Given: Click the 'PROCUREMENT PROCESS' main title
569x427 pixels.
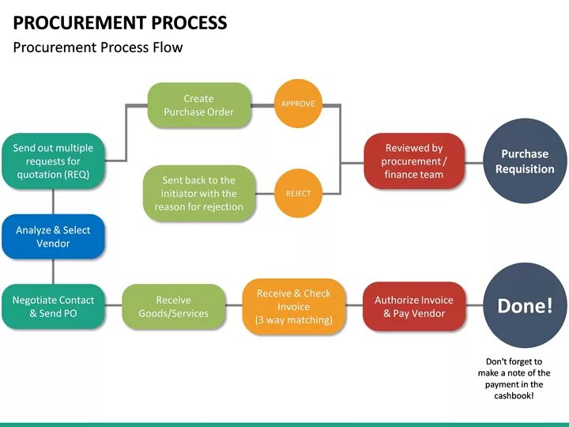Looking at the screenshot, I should [x=120, y=22].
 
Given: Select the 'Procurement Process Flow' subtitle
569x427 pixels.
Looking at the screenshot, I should [x=98, y=47].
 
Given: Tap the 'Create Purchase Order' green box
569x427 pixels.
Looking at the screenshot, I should [x=199, y=106].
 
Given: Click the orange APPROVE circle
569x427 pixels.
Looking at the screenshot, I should [x=298, y=104].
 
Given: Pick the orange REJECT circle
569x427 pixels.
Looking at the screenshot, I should [x=298, y=193].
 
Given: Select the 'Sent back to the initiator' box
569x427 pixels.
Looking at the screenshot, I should [x=199, y=194].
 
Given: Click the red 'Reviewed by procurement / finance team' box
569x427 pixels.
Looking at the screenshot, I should [x=414, y=161].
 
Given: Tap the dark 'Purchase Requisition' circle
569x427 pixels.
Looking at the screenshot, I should [x=525, y=161].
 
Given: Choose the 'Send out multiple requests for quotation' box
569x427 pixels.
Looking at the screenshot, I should [x=53, y=161].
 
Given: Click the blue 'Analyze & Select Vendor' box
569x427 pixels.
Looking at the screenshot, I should [x=53, y=236].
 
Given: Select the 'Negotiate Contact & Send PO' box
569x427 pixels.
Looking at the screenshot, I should [x=53, y=307].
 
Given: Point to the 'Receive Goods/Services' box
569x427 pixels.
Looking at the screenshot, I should [x=174, y=307].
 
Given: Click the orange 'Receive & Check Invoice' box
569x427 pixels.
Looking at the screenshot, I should [x=293, y=307].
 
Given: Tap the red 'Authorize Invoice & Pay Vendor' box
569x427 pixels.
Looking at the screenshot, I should [x=414, y=307].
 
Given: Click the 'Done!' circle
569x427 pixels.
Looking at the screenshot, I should [x=525, y=306].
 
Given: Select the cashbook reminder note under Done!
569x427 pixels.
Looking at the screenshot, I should [x=514, y=378].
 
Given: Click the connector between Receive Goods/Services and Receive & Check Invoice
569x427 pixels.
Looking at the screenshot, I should [x=234, y=307].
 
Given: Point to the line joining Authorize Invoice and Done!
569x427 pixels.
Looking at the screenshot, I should [x=474, y=307].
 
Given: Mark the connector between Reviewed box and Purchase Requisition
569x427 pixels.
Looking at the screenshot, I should [x=474, y=161].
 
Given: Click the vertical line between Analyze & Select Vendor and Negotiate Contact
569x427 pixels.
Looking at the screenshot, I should [x=53, y=271].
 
